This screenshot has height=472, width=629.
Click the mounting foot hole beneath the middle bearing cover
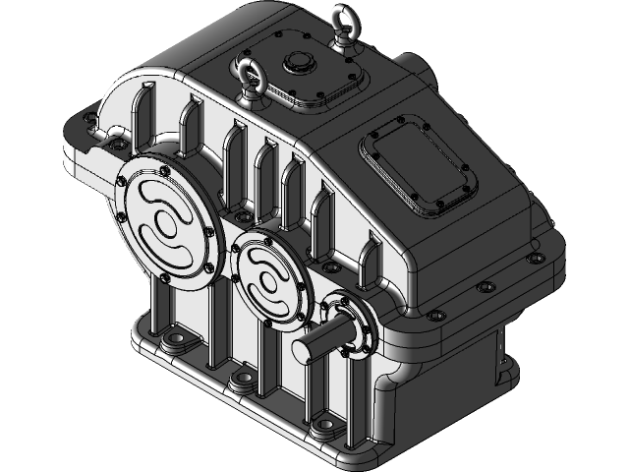pyautogui.click(x=239, y=379)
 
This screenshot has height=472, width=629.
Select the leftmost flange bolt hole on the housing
pyautogui.click(x=90, y=122)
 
